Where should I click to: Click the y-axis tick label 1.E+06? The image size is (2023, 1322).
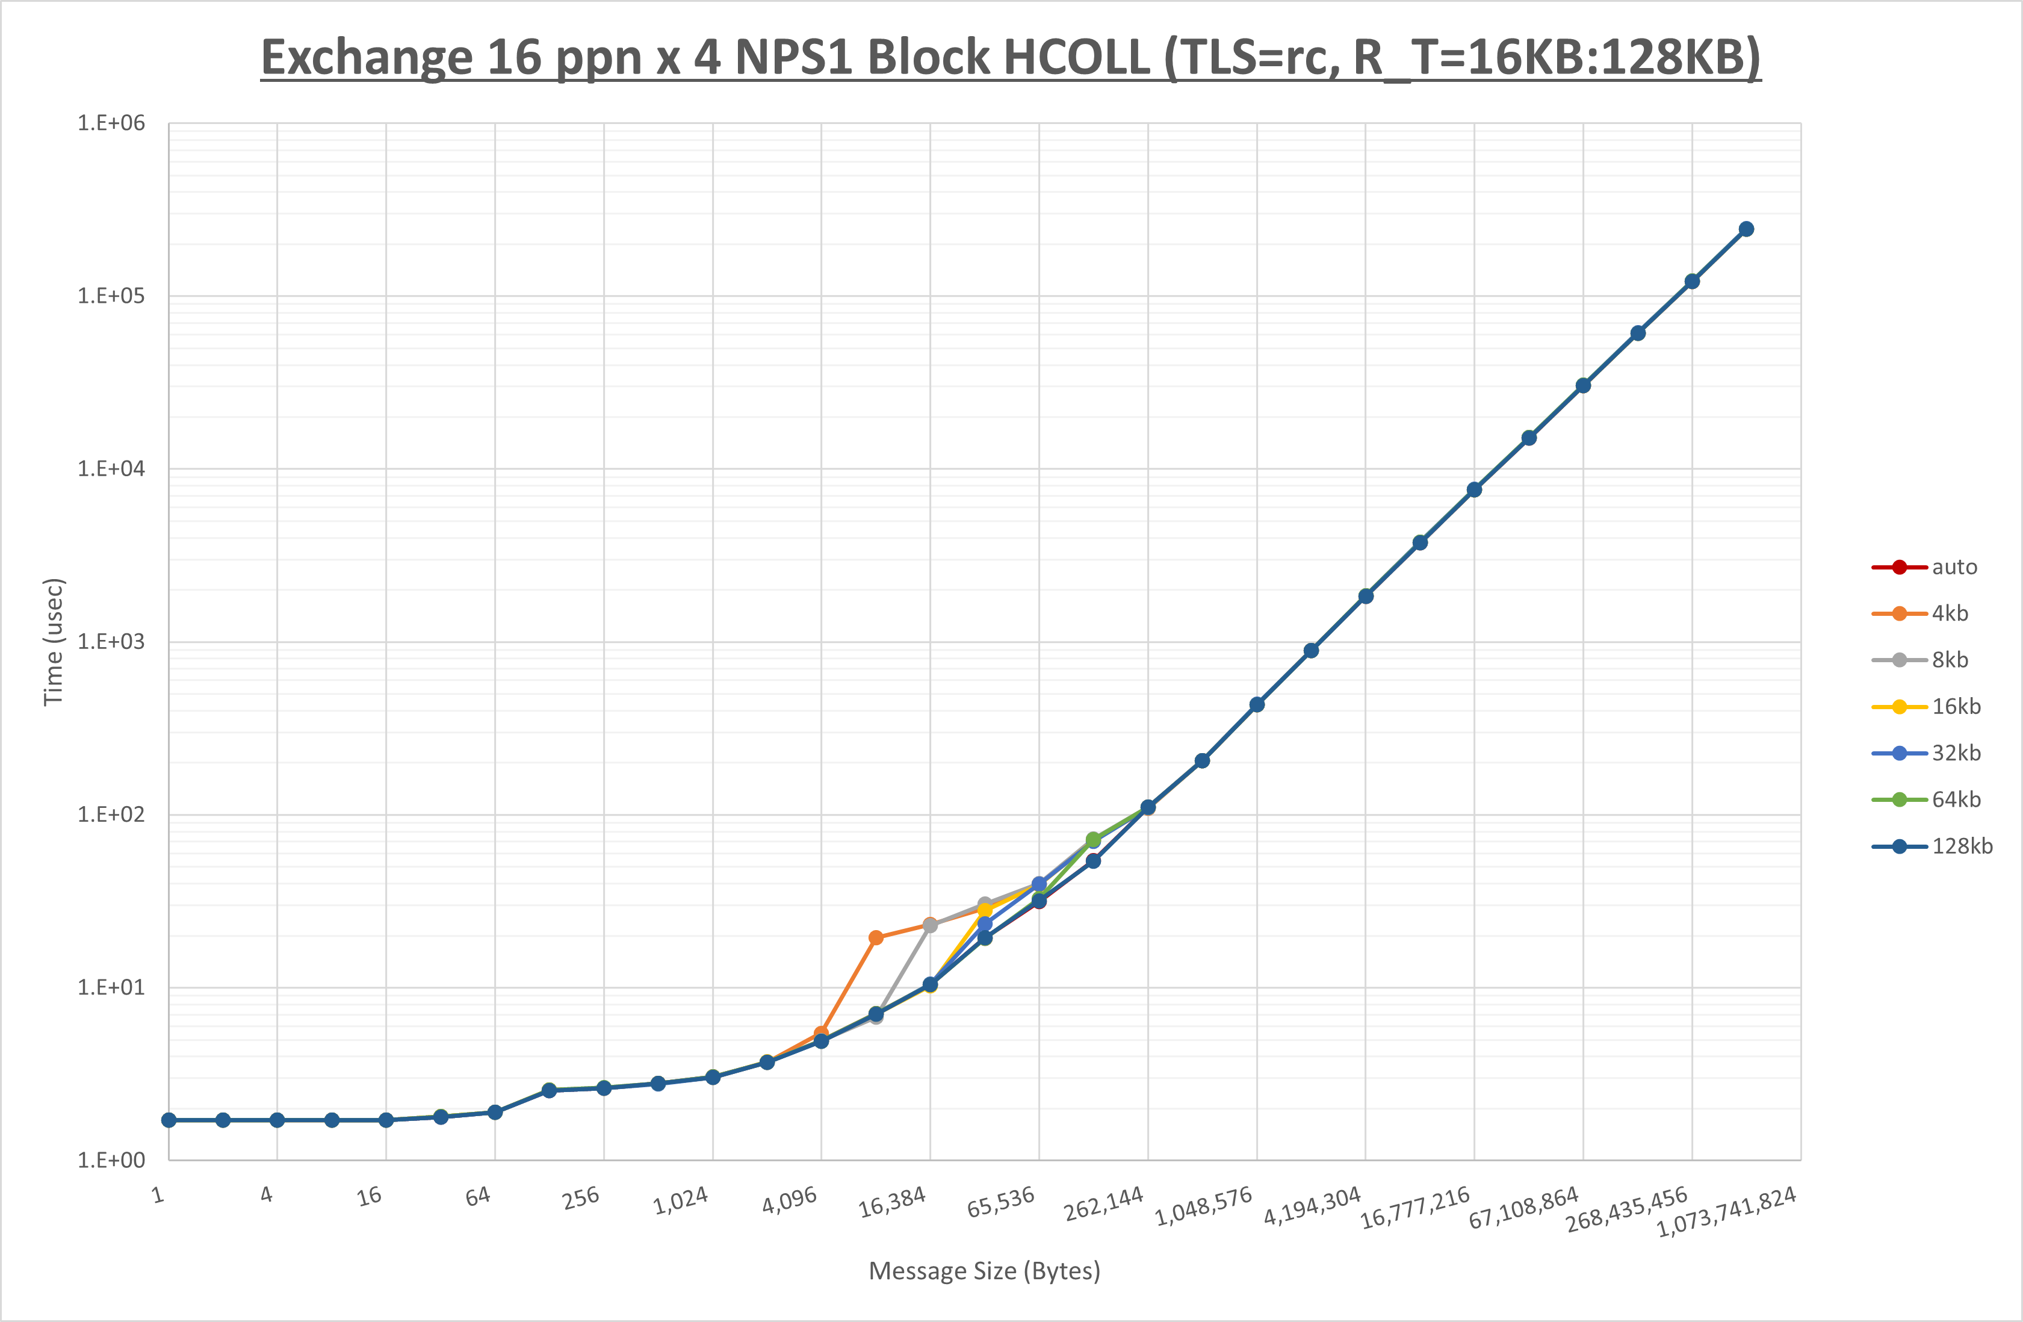pos(111,123)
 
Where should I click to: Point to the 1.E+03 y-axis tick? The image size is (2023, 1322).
pos(111,642)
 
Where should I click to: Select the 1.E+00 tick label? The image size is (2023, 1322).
pos(111,1161)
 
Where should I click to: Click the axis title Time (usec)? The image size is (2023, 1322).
pos(53,642)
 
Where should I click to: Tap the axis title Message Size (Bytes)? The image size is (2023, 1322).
pos(984,1271)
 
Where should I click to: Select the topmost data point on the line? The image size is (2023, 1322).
pos(1746,229)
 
